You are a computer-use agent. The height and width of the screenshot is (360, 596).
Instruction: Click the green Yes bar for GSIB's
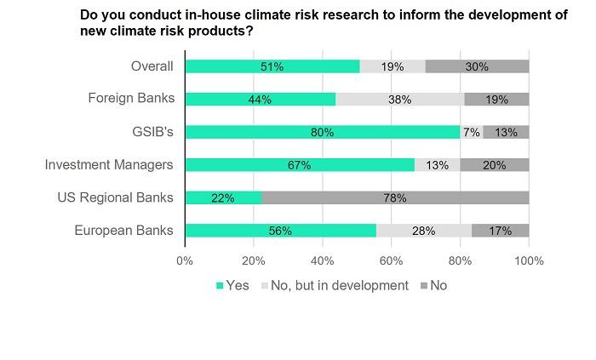coord(322,132)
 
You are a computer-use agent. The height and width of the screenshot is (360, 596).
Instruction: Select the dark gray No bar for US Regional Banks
coord(396,197)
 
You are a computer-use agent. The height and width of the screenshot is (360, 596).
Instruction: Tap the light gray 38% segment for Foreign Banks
coord(400,99)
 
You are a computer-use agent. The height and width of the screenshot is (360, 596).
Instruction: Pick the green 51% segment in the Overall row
coord(272,66)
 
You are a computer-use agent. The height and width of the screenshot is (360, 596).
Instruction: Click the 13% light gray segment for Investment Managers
coord(438,165)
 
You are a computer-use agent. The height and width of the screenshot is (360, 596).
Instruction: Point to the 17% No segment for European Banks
coord(501,231)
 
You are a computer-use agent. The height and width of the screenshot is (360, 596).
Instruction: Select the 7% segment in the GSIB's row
coord(472,132)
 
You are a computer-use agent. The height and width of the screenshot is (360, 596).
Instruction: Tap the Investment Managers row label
coord(109,165)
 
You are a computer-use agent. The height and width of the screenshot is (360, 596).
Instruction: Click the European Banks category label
coord(124,231)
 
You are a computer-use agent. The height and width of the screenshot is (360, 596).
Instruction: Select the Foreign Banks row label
coord(131,99)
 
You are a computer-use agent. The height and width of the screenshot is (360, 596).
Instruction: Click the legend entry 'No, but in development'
coord(339,286)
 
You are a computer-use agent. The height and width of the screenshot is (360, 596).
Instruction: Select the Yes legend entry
coord(235,286)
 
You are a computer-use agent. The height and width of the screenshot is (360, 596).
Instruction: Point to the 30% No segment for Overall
coord(477,66)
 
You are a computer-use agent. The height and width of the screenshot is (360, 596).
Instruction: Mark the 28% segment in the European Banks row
coord(424,231)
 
